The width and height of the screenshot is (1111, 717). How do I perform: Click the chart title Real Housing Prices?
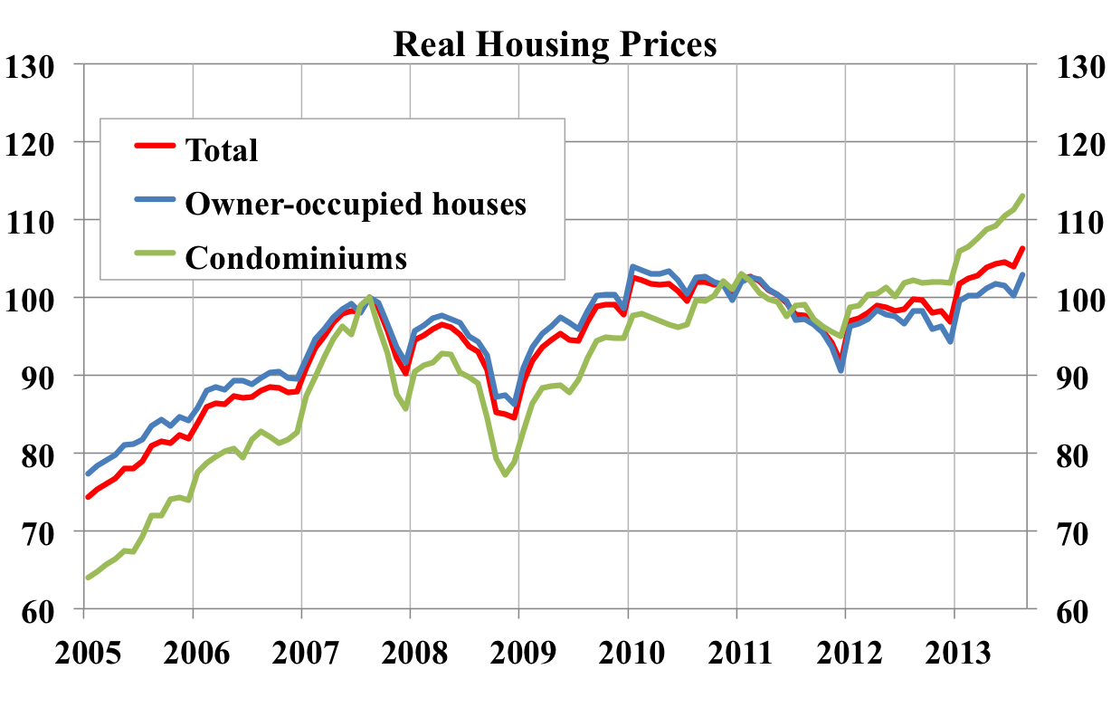pos(555,43)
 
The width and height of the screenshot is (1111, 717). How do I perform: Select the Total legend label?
pos(222,149)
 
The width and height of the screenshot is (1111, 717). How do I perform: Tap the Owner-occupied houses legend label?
pos(356,204)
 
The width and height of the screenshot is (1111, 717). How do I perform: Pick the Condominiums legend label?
pos(296,258)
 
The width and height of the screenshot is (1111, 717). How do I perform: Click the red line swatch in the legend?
pos(155,149)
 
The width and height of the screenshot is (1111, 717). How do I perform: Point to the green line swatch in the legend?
pos(155,258)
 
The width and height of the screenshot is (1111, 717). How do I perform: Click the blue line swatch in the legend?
pos(155,204)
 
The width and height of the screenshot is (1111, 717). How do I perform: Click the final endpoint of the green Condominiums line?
pos(1022,196)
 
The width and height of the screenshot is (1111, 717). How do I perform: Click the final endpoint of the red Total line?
pos(1022,248)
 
